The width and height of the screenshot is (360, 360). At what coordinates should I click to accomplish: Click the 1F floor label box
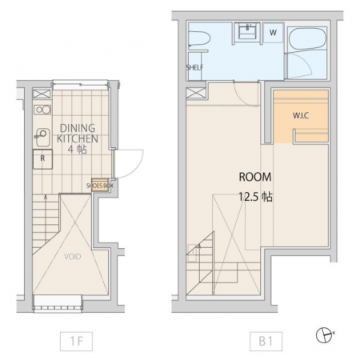click(x=76, y=341)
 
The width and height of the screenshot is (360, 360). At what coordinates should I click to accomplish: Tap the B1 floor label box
click(x=266, y=341)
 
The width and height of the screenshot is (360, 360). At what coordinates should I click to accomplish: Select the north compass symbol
click(x=324, y=334)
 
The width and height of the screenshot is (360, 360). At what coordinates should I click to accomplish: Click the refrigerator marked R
click(x=42, y=159)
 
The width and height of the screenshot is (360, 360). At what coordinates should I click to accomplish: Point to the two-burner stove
click(x=42, y=110)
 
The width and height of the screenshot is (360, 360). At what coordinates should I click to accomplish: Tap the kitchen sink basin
click(x=42, y=137)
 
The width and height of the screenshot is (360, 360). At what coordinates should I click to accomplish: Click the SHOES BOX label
click(x=100, y=186)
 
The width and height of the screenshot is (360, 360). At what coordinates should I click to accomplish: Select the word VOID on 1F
click(x=73, y=257)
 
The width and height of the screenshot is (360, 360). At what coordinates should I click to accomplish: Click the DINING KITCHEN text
click(x=78, y=134)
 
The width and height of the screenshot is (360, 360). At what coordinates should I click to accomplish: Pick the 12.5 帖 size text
click(x=255, y=197)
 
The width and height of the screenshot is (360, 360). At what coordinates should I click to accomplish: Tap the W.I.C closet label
click(x=301, y=116)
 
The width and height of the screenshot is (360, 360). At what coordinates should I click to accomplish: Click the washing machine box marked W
click(x=273, y=33)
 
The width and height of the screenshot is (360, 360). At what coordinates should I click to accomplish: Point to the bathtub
click(x=307, y=38)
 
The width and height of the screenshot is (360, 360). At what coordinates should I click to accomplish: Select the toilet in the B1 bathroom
click(x=198, y=39)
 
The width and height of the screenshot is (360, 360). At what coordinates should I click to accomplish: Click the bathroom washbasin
click(x=248, y=30)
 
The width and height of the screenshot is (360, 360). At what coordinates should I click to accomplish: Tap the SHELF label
click(x=194, y=67)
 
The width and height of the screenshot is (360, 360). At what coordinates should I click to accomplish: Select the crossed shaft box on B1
click(x=196, y=93)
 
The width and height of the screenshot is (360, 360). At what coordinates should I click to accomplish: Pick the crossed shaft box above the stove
click(x=42, y=94)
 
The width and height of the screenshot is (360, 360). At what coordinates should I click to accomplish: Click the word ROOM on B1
click(x=255, y=177)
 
